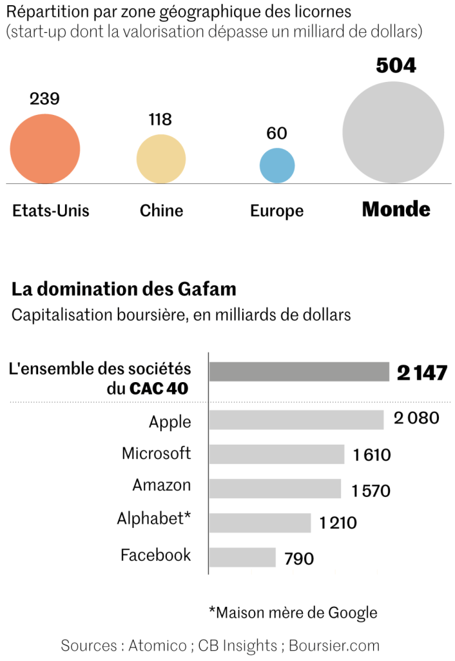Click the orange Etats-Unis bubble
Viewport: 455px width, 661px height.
click(x=45, y=148)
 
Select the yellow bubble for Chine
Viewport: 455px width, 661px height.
click(x=161, y=159)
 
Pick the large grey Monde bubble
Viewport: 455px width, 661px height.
click(x=393, y=133)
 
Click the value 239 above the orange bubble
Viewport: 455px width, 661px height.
click(x=44, y=99)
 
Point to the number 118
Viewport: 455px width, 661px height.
click(x=160, y=119)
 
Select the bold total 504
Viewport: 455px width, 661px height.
click(x=396, y=66)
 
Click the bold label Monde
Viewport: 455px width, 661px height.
click(x=396, y=210)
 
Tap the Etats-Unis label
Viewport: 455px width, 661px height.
click(x=51, y=211)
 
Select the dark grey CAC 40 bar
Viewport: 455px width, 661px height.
click(x=299, y=372)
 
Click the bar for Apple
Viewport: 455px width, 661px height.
click(x=296, y=420)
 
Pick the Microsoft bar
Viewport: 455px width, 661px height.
click(x=276, y=454)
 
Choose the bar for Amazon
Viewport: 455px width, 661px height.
click(x=275, y=489)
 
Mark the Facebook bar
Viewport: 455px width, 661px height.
click(x=242, y=557)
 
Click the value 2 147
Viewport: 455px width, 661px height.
click(x=422, y=373)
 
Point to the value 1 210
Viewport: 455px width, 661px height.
click(x=338, y=523)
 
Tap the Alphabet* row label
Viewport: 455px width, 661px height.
click(x=154, y=518)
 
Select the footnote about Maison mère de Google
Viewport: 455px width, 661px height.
click(x=293, y=612)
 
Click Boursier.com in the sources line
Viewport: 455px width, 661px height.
click(x=334, y=645)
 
